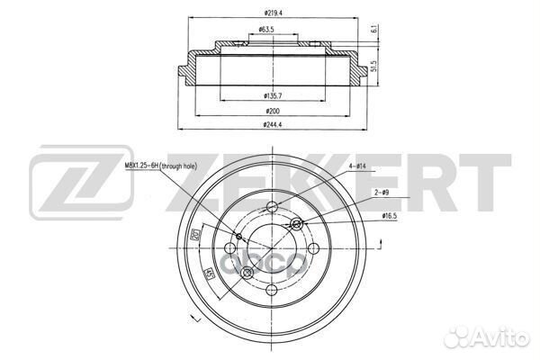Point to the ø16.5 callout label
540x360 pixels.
coord(389,216)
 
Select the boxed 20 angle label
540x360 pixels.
coord(195,236)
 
